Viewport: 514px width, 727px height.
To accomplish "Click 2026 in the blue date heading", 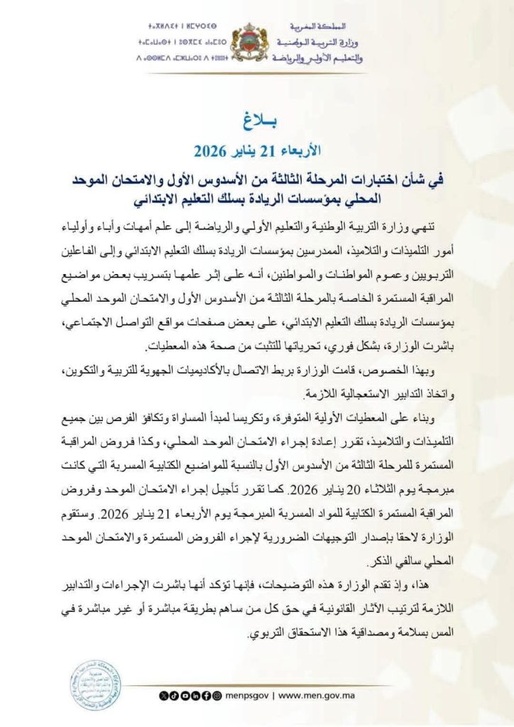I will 211,150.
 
